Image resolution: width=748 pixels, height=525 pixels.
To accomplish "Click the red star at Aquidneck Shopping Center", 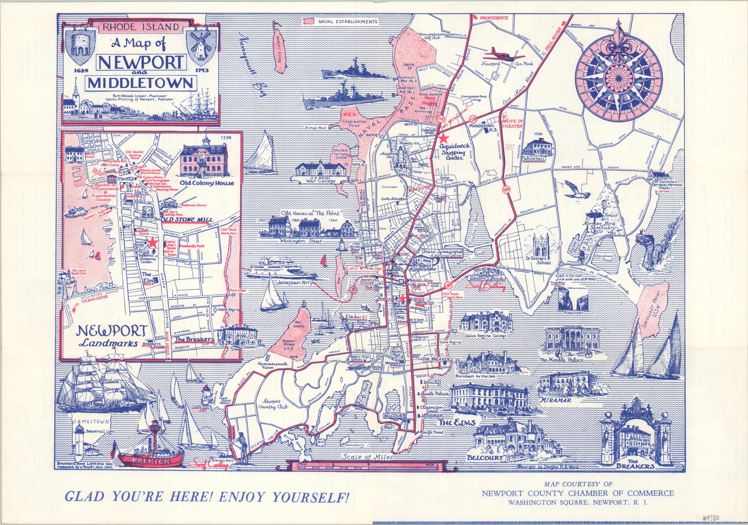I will coord(442,138).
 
